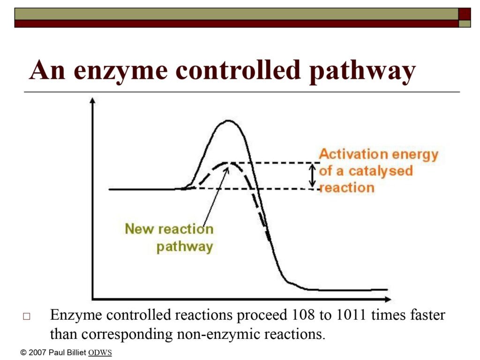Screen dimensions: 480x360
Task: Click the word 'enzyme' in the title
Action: point(120,70)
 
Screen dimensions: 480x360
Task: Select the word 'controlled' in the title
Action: point(238,69)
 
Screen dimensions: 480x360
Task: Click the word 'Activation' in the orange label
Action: point(352,154)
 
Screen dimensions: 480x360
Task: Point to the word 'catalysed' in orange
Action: point(381,171)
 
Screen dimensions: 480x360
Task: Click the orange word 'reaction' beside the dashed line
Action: point(347,187)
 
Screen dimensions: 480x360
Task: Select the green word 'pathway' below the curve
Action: point(185,247)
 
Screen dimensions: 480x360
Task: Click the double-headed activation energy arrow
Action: point(312,176)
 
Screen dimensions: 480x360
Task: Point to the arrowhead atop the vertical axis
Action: point(92,101)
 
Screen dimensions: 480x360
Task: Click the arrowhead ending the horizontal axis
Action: point(388,299)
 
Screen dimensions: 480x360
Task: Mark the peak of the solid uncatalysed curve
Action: point(228,120)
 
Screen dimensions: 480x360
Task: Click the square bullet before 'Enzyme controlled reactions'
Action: point(27,316)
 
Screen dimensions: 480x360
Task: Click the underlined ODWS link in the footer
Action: point(100,352)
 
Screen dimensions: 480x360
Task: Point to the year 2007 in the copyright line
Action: point(37,352)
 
